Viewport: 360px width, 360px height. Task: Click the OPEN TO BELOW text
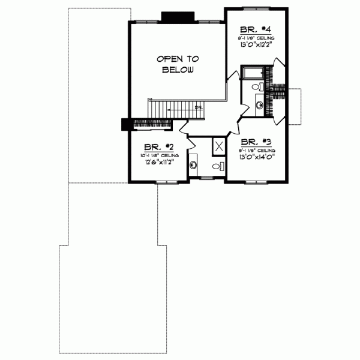point(177,64)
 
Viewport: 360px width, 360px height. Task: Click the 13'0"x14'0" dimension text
point(257,158)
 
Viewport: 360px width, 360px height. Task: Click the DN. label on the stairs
point(198,107)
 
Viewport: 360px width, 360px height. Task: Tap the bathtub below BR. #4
point(253,73)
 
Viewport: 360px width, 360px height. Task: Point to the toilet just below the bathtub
point(256,88)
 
